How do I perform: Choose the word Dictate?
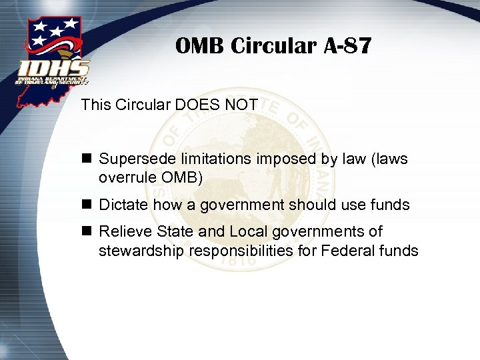[x=124, y=205]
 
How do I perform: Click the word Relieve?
[x=125, y=231]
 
